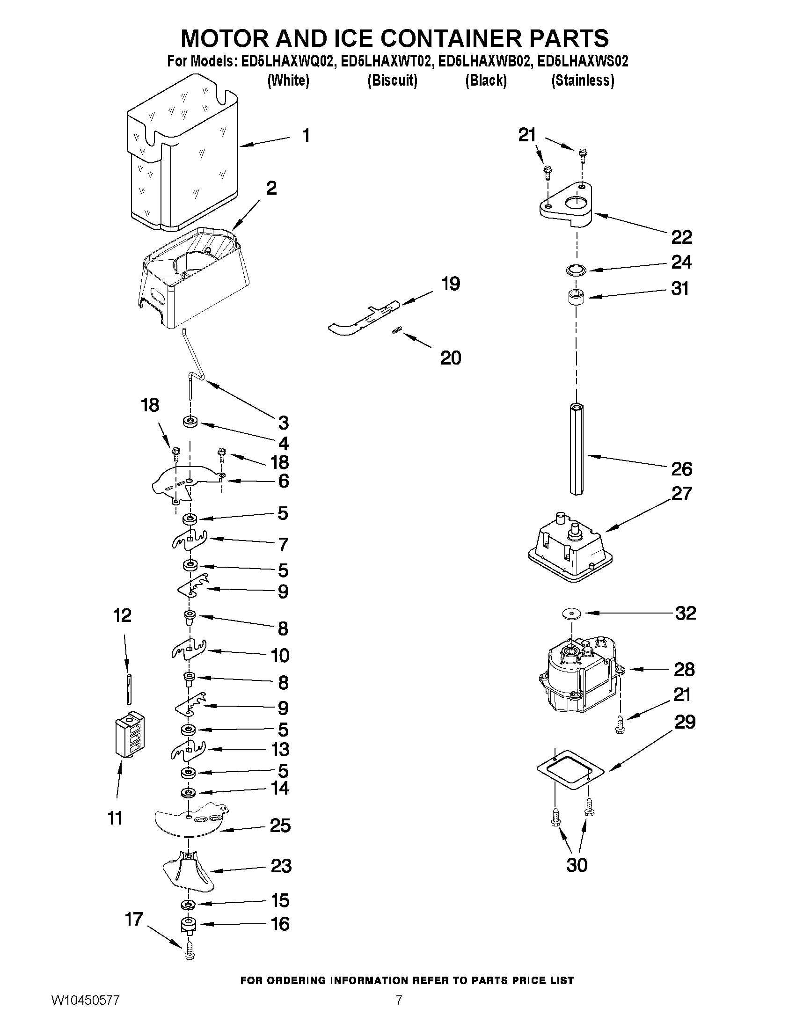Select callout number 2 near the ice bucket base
pos(271,188)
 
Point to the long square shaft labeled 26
pos(576,448)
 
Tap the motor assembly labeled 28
pos(577,677)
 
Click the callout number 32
pos(685,613)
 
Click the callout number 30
pos(576,865)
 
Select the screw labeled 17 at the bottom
pos(190,954)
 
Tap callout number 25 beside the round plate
pos(280,825)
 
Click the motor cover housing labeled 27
pos(570,547)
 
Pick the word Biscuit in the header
pos(392,80)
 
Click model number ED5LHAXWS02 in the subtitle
pos(583,61)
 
